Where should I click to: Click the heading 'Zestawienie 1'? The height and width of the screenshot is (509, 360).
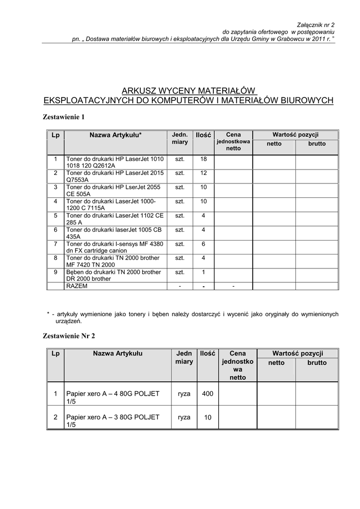coord(64,117)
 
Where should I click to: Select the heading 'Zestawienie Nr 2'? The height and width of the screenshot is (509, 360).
coord(69,336)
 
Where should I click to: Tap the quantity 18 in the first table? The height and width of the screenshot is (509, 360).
coord(203,159)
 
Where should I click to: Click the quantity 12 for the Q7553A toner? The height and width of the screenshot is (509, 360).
coord(203,173)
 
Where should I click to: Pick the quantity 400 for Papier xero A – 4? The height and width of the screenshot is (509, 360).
coord(207,394)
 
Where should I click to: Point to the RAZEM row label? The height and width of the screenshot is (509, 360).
coord(77,286)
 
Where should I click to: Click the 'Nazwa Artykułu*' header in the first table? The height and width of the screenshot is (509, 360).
coord(115,135)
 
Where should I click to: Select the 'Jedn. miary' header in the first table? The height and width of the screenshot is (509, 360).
coord(180,138)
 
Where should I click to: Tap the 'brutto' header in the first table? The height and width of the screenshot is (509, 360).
coord(317,143)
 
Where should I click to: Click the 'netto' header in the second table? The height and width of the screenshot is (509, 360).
coord(276,363)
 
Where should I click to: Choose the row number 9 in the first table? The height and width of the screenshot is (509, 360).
coord(56,272)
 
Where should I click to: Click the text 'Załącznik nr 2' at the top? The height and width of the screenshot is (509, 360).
coord(316,24)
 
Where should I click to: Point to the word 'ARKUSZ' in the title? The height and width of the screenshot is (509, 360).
coord(141,91)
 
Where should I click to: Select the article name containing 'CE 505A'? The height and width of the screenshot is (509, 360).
coord(115,190)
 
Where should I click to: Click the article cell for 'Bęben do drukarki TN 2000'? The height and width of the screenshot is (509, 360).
coord(115,275)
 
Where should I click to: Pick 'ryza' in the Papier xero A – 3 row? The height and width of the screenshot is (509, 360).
coord(184,418)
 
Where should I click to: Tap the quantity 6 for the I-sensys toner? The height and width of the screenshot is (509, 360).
coord(203,244)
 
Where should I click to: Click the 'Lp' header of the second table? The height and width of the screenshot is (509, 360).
coord(56,353)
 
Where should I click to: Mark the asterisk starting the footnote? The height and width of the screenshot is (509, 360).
coord(48,314)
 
